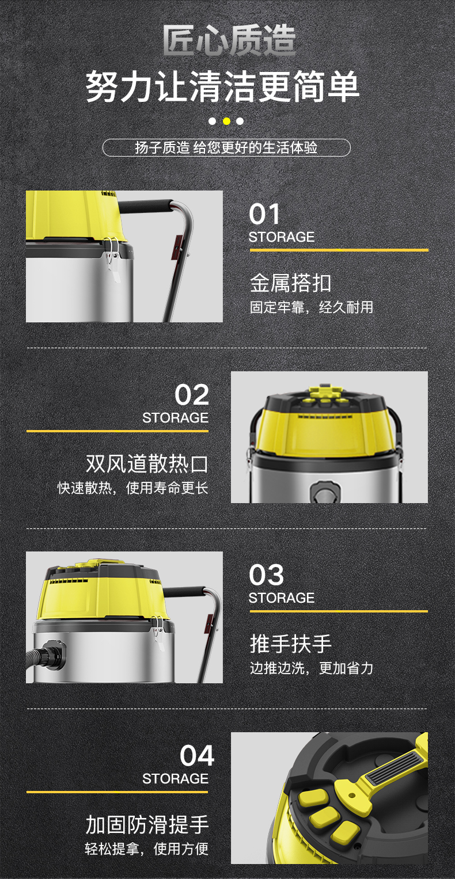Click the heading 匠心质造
pos(229,40)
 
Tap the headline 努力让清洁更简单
pos(222,86)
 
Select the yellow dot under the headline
pos(226,121)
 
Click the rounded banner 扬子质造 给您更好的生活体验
pos(226,147)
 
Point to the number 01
pos(264,214)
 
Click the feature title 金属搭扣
pos(290,283)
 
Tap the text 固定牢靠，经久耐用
pos(312,307)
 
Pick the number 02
pos(192,395)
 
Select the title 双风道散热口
pos(147,463)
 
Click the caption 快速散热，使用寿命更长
pos(132,488)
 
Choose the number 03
pos(266,575)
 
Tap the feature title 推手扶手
pos(290,644)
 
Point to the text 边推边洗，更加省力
pos(312,668)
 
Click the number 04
pos(197,755)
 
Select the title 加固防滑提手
pos(147,824)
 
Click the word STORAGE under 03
pos(282,598)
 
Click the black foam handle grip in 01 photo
pos(145,207)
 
